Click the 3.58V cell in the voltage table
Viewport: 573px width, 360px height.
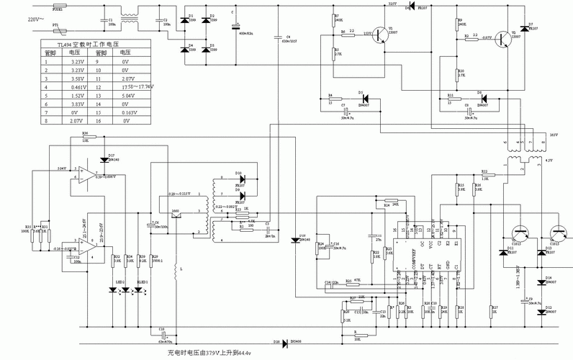click(78, 78)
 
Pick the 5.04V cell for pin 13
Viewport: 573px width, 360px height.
click(127, 95)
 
